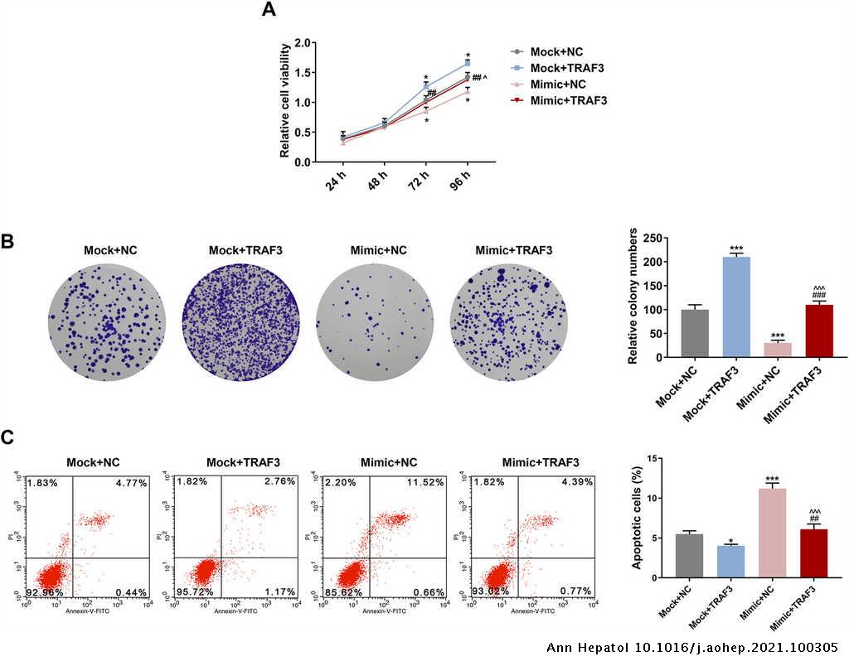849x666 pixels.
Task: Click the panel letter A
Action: (x=269, y=11)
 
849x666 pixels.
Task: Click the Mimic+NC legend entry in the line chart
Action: (x=557, y=84)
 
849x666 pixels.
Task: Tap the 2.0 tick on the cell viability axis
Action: (x=303, y=42)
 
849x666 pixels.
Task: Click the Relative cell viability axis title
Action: (x=284, y=102)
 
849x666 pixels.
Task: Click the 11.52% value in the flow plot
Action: (x=419, y=481)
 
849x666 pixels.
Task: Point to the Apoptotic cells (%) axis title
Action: (x=638, y=518)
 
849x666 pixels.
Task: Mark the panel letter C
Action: (x=7, y=437)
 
